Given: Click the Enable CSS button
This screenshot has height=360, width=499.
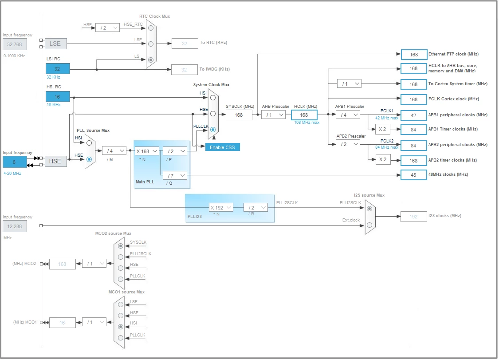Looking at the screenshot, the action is pyautogui.click(x=222, y=147).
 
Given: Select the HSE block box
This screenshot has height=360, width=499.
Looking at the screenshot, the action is pyautogui.click(x=55, y=161).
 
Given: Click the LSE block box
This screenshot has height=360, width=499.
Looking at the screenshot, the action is pyautogui.click(x=55, y=44).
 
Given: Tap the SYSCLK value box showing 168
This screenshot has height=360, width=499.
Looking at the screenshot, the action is pyautogui.click(x=239, y=115).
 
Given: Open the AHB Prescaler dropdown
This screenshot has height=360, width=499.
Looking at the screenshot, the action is pyautogui.click(x=273, y=115).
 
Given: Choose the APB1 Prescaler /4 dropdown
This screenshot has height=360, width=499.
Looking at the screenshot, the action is pyautogui.click(x=348, y=115).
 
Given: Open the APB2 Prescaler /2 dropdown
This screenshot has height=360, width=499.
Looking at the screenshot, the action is pyautogui.click(x=348, y=144).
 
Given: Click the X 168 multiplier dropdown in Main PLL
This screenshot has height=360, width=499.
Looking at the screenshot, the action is pyautogui.click(x=147, y=151).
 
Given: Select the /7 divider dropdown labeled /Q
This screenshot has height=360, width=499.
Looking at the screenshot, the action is pyautogui.click(x=175, y=175).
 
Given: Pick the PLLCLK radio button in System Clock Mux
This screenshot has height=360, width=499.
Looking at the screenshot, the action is pyautogui.click(x=213, y=130).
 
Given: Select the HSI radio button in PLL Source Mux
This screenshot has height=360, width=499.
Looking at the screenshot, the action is pyautogui.click(x=89, y=143).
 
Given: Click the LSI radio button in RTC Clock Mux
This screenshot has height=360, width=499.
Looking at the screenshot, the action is pyautogui.click(x=151, y=60).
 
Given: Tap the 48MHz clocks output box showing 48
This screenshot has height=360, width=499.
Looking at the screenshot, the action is pyautogui.click(x=413, y=175).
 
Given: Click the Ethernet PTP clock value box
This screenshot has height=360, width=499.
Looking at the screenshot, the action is pyautogui.click(x=414, y=55).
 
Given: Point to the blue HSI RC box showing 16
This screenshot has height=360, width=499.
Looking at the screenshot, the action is pyautogui.click(x=58, y=96).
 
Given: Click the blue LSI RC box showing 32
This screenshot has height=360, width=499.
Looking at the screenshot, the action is pyautogui.click(x=58, y=68).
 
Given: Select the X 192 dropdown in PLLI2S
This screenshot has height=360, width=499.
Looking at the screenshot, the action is pyautogui.click(x=221, y=208).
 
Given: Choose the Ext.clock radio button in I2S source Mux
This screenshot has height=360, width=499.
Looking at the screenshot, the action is pyautogui.click(x=369, y=225).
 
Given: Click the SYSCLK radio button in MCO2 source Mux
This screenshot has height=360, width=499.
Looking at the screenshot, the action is pyautogui.click(x=121, y=246).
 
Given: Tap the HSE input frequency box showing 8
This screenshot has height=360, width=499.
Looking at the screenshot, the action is pyautogui.click(x=15, y=162).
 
